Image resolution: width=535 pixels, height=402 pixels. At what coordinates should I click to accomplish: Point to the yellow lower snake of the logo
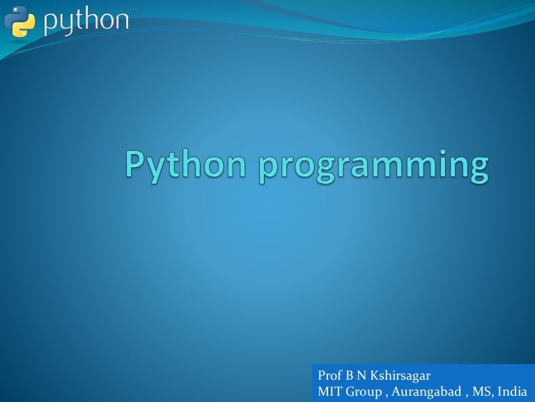(24, 27)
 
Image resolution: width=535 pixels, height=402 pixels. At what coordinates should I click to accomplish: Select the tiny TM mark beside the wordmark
(134, 10)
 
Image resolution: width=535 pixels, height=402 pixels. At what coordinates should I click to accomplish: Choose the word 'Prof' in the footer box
(329, 376)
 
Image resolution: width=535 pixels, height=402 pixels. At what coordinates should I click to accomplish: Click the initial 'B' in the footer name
(350, 376)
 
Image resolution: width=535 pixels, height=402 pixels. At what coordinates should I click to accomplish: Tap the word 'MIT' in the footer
(329, 391)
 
